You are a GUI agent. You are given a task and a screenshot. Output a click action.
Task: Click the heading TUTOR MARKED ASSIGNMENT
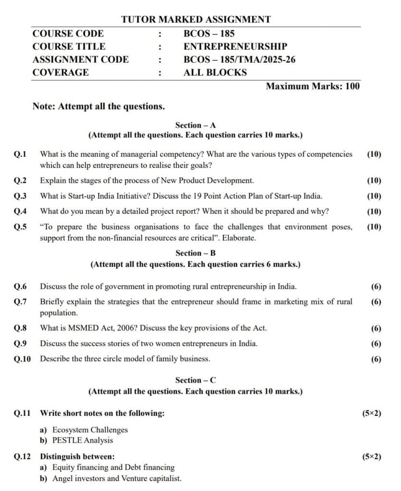195,20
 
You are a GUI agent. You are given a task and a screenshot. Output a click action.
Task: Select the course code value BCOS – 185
209,34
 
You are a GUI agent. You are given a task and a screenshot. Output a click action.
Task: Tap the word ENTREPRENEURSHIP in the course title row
235,47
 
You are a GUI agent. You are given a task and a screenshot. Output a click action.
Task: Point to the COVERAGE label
61,72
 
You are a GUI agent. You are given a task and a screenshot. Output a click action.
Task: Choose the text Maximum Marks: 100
312,86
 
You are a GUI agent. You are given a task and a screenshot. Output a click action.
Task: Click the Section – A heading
195,126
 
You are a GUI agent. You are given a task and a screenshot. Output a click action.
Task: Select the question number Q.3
20,196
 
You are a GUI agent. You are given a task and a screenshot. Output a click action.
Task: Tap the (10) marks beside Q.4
374,211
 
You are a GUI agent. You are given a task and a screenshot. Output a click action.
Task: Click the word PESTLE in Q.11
67,440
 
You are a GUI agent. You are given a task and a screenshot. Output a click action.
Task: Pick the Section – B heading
195,253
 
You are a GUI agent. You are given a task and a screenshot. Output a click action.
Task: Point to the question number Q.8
20,328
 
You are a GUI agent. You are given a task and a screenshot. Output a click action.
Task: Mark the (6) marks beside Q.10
376,359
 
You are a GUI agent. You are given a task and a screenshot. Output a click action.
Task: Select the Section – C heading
195,380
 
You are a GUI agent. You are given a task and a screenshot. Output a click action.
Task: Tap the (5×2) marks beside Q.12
372,456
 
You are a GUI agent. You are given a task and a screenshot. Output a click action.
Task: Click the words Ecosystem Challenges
90,430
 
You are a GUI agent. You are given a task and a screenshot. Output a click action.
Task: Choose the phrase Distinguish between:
77,456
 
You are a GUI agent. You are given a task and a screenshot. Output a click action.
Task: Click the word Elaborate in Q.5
240,238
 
